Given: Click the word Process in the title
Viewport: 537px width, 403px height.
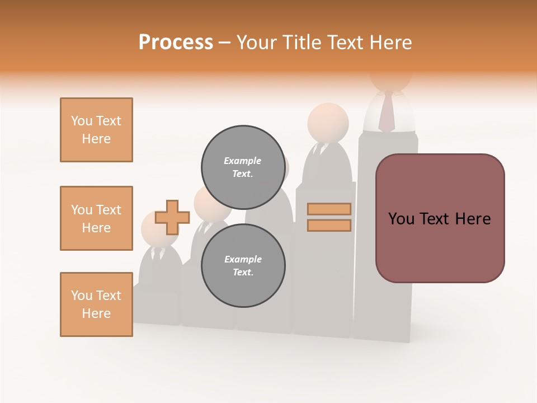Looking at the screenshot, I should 176,42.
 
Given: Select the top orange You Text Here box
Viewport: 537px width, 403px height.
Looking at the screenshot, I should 96,130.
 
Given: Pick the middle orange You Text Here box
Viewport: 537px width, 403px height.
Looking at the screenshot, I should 96,218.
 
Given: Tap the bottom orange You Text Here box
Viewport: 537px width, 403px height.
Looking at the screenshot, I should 96,304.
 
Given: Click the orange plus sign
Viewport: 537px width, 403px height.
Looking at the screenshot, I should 172,217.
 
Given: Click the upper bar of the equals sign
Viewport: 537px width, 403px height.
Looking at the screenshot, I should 329,209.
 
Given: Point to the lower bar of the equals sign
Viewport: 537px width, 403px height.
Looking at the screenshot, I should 329,226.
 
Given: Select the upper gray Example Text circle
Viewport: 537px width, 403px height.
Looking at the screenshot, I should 243,167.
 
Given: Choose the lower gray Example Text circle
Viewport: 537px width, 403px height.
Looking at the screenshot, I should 243,265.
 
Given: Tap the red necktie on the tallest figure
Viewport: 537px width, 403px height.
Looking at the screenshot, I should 386,113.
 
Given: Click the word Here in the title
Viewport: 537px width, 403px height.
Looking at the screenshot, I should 392,42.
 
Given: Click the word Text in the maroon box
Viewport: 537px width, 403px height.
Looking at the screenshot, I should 440,219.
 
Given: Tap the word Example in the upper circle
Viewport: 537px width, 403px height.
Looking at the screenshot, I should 243,161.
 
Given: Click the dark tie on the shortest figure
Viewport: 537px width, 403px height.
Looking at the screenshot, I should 156,255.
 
